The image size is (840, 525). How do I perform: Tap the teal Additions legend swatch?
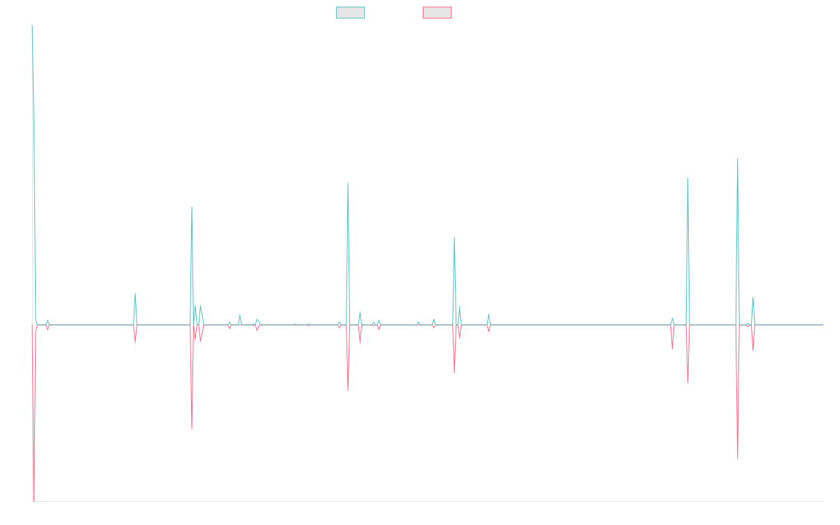click(x=351, y=13)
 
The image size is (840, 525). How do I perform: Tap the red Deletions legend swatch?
click(x=437, y=13)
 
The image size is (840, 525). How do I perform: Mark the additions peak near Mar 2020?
click(x=347, y=183)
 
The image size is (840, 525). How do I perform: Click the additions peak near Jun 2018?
click(x=191, y=207)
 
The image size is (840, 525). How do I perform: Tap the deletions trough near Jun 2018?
click(x=191, y=428)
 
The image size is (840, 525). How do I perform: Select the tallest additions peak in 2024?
click(x=738, y=159)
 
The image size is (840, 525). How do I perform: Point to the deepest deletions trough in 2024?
click(x=738, y=458)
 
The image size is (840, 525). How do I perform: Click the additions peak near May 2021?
click(x=454, y=238)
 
